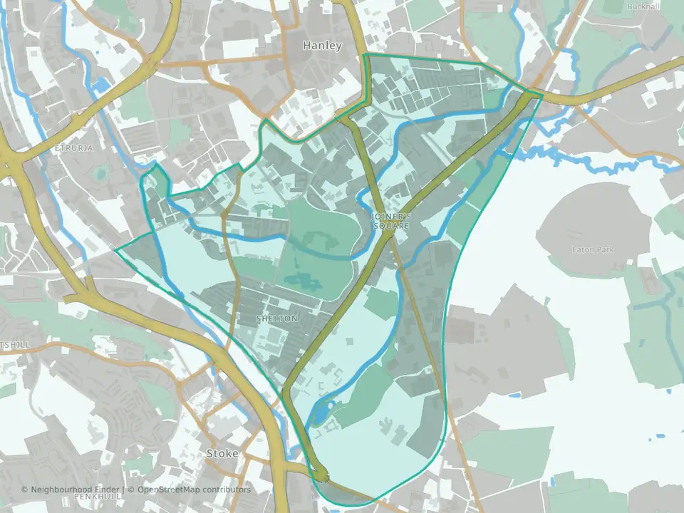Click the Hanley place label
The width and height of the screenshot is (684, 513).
322,46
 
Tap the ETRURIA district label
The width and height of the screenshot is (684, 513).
73,148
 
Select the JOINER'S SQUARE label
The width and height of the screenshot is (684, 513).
390,220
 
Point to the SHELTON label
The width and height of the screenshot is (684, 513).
276,318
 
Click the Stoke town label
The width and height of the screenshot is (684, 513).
221,453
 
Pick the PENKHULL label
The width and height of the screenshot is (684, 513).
94,495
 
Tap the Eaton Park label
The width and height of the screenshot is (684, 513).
593,250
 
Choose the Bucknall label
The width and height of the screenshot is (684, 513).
644,7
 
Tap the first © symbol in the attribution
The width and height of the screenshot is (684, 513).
24,489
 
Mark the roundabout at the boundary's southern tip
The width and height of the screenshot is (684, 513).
321,475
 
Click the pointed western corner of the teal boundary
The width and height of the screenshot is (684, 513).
115,249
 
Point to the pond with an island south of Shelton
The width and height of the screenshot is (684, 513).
321,411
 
